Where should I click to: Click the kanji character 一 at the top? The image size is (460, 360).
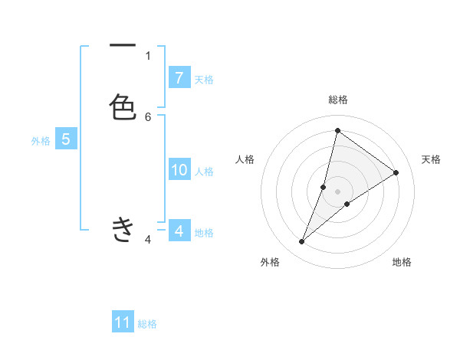pos(123,47)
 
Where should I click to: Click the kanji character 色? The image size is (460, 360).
pos(123,106)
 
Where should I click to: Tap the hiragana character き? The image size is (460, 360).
pos(123,229)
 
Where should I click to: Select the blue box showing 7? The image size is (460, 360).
pos(179,78)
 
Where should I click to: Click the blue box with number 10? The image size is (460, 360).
pos(179,171)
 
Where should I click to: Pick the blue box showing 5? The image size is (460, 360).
pos(66,139)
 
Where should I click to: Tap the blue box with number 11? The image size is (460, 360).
pos(123,322)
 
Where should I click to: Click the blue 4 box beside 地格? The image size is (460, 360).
pos(179,231)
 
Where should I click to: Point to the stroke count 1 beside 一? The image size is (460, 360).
pos(148,55)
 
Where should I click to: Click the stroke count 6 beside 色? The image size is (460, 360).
pos(148,116)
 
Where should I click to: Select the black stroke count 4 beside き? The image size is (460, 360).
pos(148,240)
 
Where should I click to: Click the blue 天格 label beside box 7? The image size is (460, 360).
pos(204,80)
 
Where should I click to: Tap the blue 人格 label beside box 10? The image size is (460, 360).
pos(205,172)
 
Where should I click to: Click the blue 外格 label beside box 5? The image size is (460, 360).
pos(41,141)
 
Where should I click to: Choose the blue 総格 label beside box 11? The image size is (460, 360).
pos(148,324)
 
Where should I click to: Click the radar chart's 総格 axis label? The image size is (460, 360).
pos(338,100)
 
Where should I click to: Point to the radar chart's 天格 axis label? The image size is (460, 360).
pos(431,159)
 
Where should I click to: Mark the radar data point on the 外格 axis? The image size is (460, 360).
pos(302,242)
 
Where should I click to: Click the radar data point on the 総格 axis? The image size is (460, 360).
pos(337,130)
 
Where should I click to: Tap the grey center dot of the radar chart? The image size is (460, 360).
pos(338,191)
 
